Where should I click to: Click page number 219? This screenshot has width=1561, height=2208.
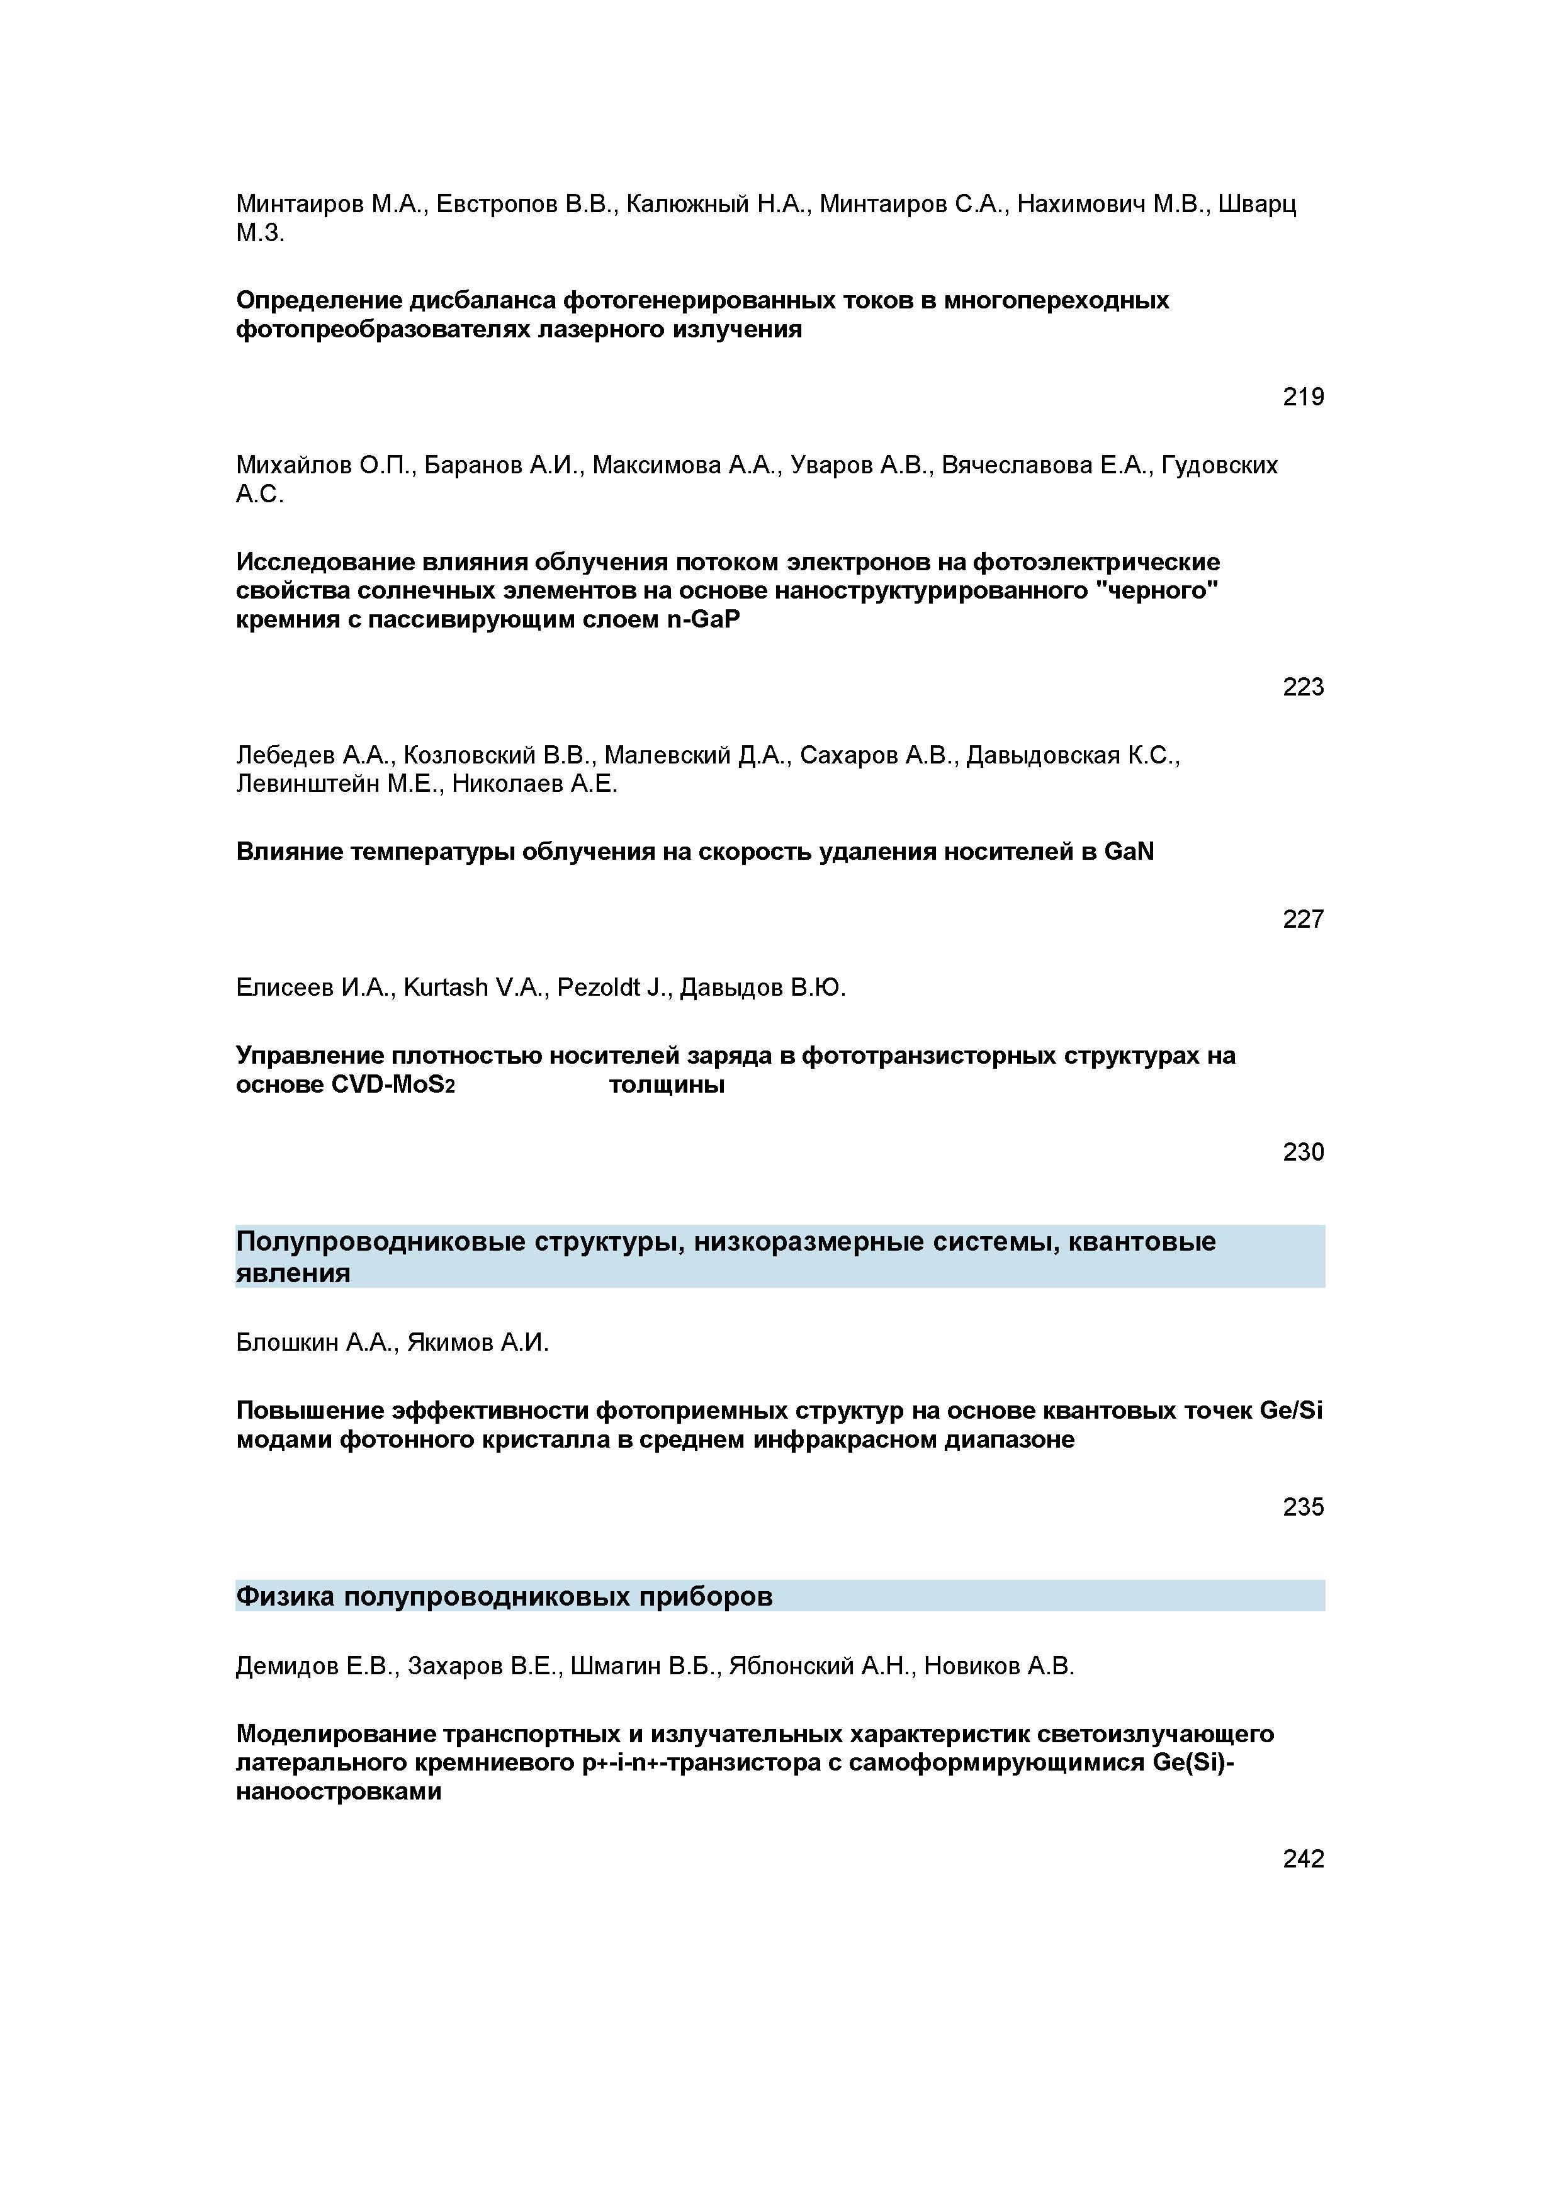tap(1302, 397)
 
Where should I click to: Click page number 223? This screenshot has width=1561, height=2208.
tap(1302, 687)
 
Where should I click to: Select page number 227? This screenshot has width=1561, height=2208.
tap(1302, 920)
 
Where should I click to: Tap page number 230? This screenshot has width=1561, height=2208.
tap(1302, 1152)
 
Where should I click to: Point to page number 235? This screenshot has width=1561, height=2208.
tap(1302, 1507)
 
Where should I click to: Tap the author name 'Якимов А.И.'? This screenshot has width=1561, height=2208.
tap(478, 1343)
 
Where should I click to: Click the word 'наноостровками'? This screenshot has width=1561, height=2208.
tap(339, 1791)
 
